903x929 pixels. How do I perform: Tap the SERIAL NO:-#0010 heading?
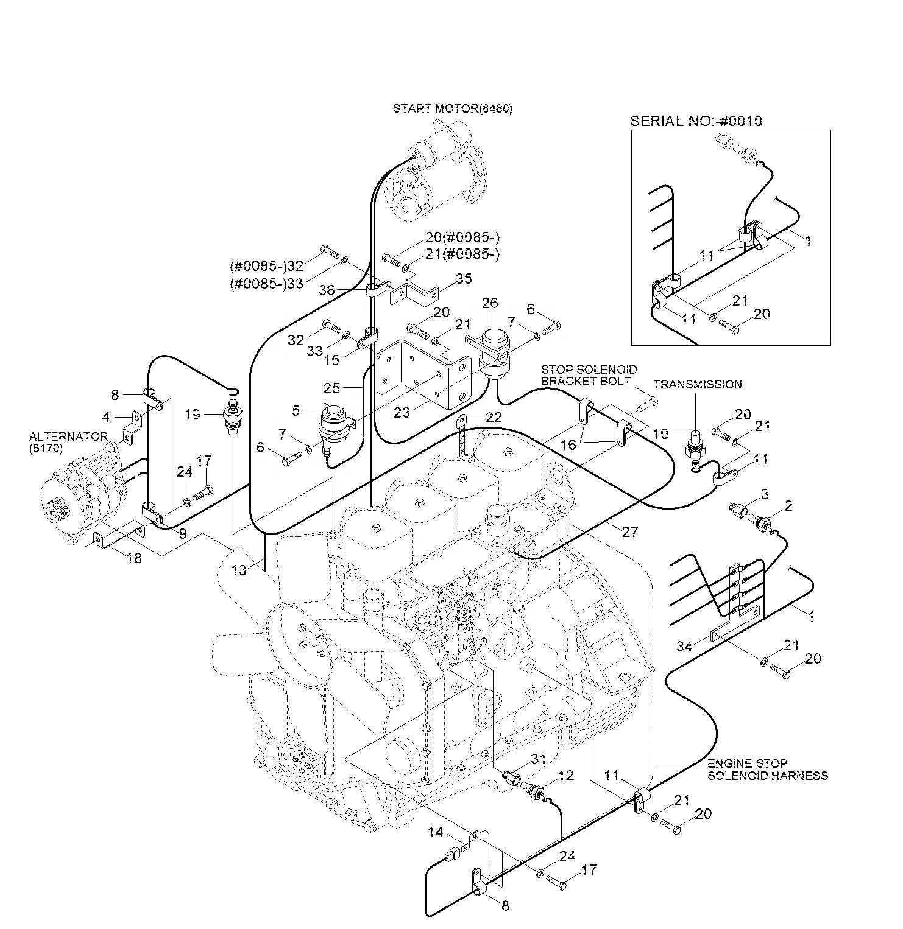pyautogui.click(x=696, y=121)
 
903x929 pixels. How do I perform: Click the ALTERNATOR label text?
pyautogui.click(x=68, y=437)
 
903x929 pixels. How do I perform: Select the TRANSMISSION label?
pyautogui.click(x=698, y=384)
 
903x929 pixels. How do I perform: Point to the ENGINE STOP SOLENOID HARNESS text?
pyautogui.click(x=767, y=769)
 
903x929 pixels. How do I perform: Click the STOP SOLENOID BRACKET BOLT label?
pyautogui.click(x=589, y=376)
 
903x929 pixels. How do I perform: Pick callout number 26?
pyautogui.click(x=490, y=303)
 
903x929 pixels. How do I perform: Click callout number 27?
pyautogui.click(x=629, y=532)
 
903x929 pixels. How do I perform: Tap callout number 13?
pyautogui.click(x=239, y=570)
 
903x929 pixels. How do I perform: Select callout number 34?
pyautogui.click(x=685, y=646)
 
